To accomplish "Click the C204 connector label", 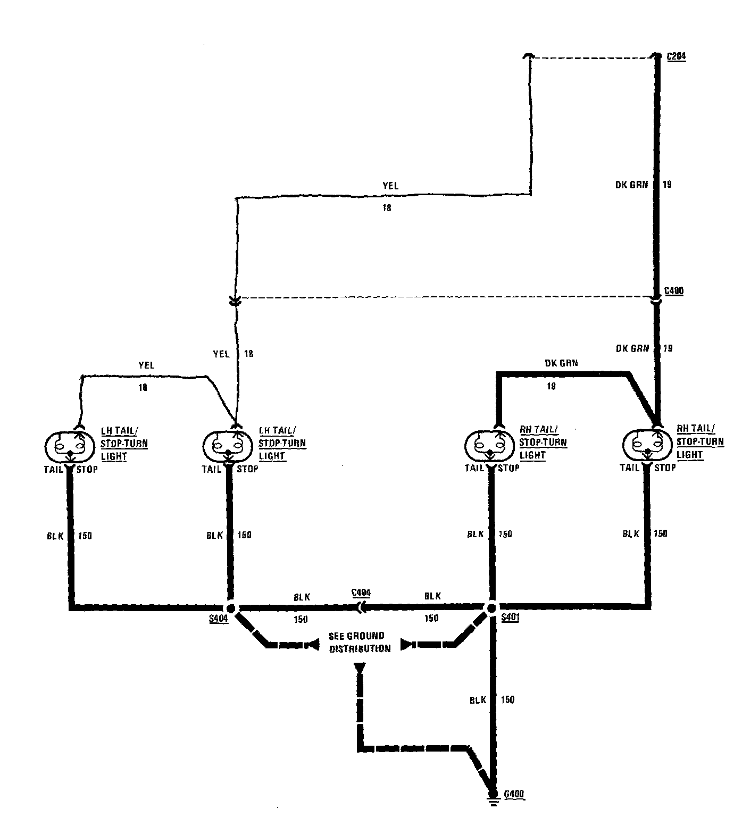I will [x=676, y=56].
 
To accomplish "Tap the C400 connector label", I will [x=674, y=291].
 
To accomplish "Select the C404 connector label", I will [x=361, y=593].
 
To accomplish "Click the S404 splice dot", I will [x=231, y=608].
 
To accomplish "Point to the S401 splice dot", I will [x=491, y=607].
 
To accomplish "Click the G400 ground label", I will [x=514, y=794].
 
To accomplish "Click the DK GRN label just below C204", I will [x=632, y=185].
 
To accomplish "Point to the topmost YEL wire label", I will [x=390, y=186].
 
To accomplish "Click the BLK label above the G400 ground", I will [x=478, y=700].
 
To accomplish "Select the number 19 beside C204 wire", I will [x=667, y=185].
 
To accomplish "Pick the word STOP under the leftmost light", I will [x=88, y=469].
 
